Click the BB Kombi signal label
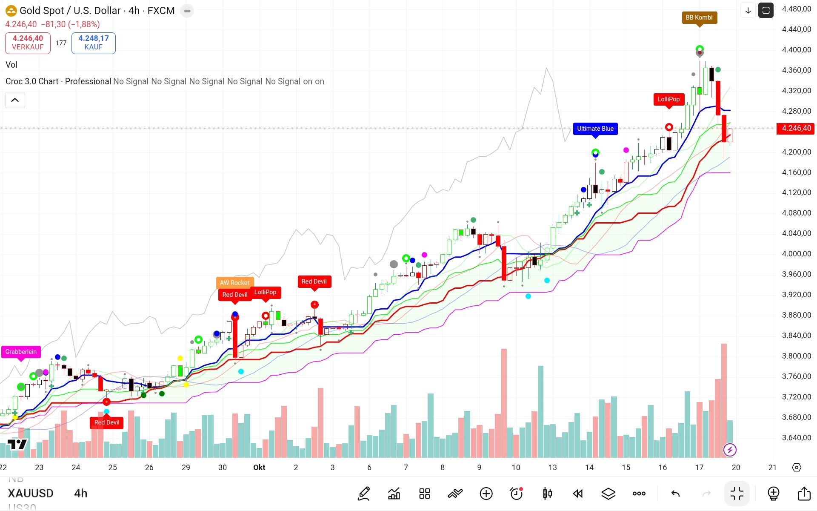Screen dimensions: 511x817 [x=699, y=17]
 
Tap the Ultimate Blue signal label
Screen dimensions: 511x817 [x=595, y=129]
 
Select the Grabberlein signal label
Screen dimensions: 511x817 [x=21, y=352]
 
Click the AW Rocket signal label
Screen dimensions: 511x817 [x=234, y=283]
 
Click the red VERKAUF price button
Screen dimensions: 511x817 [x=28, y=43]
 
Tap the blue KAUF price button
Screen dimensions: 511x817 [x=94, y=43]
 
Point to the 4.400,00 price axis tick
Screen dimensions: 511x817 [x=796, y=50]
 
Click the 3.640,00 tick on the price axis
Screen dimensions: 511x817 [x=796, y=438]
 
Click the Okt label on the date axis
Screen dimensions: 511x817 [x=259, y=468]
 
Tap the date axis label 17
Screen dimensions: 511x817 [x=699, y=468]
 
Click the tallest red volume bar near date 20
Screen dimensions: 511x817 [x=724, y=400]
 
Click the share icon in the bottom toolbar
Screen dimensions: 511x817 [x=804, y=494]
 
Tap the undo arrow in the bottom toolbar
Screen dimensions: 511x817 [x=675, y=494]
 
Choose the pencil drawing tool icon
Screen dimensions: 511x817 [x=364, y=494]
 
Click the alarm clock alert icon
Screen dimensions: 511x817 [x=516, y=494]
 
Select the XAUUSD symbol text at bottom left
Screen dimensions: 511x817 [x=31, y=494]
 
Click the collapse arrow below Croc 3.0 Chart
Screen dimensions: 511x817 [x=15, y=100]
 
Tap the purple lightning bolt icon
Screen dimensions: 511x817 [x=730, y=450]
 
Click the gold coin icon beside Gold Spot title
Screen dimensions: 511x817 [x=11, y=11]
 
